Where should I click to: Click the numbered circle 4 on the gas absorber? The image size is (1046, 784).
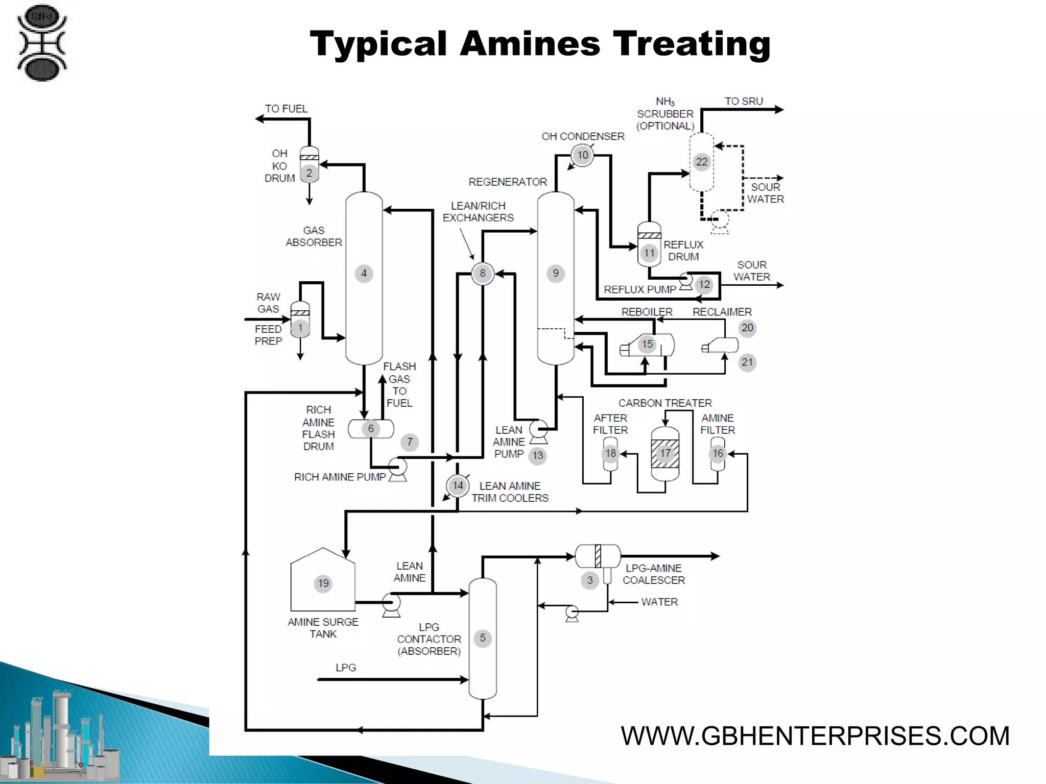click(x=364, y=274)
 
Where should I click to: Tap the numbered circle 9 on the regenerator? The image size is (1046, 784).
click(x=556, y=274)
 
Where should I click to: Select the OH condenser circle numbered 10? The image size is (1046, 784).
click(x=583, y=155)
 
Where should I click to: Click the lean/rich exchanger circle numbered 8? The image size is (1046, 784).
click(x=483, y=274)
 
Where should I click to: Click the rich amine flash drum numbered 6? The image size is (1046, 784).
click(x=371, y=429)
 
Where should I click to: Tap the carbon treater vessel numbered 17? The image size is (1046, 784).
click(x=665, y=453)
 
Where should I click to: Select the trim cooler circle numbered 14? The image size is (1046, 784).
click(x=458, y=485)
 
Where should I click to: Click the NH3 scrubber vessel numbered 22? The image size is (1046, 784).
click(x=702, y=162)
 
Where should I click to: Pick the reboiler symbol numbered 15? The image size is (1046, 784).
click(x=648, y=345)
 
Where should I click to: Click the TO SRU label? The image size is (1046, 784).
click(x=744, y=102)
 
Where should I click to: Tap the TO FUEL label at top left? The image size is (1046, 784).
click(x=286, y=109)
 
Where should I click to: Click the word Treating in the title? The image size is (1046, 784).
click(x=692, y=44)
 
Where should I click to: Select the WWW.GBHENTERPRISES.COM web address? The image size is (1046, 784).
click(x=815, y=736)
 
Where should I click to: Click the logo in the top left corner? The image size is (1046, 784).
click(x=42, y=43)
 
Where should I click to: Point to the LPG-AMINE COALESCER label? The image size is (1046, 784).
click(x=654, y=574)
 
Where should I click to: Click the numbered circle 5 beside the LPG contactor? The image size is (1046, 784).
click(x=483, y=638)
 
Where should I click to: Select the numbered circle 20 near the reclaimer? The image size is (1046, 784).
click(x=747, y=328)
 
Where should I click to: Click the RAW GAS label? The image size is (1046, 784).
click(x=268, y=303)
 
